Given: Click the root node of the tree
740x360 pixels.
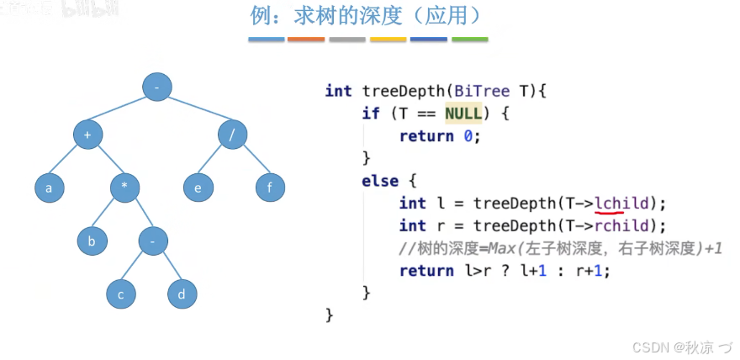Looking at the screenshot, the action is click(156, 86).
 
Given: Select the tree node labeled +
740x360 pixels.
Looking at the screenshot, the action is click(87, 135).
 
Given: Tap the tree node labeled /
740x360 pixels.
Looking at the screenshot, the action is click(232, 135).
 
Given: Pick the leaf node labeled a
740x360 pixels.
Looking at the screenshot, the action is click(49, 188).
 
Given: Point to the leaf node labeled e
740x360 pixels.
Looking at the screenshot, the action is click(198, 188).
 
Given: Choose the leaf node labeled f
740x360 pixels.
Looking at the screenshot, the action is click(270, 188).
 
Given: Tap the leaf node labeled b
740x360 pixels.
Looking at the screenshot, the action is click(92, 241).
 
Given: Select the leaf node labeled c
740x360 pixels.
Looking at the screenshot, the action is click(121, 294).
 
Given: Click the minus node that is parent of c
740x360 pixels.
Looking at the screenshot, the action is click(153, 241).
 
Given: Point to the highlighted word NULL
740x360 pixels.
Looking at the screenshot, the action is click(463, 113).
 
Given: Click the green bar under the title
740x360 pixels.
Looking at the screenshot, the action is click(469, 40).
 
